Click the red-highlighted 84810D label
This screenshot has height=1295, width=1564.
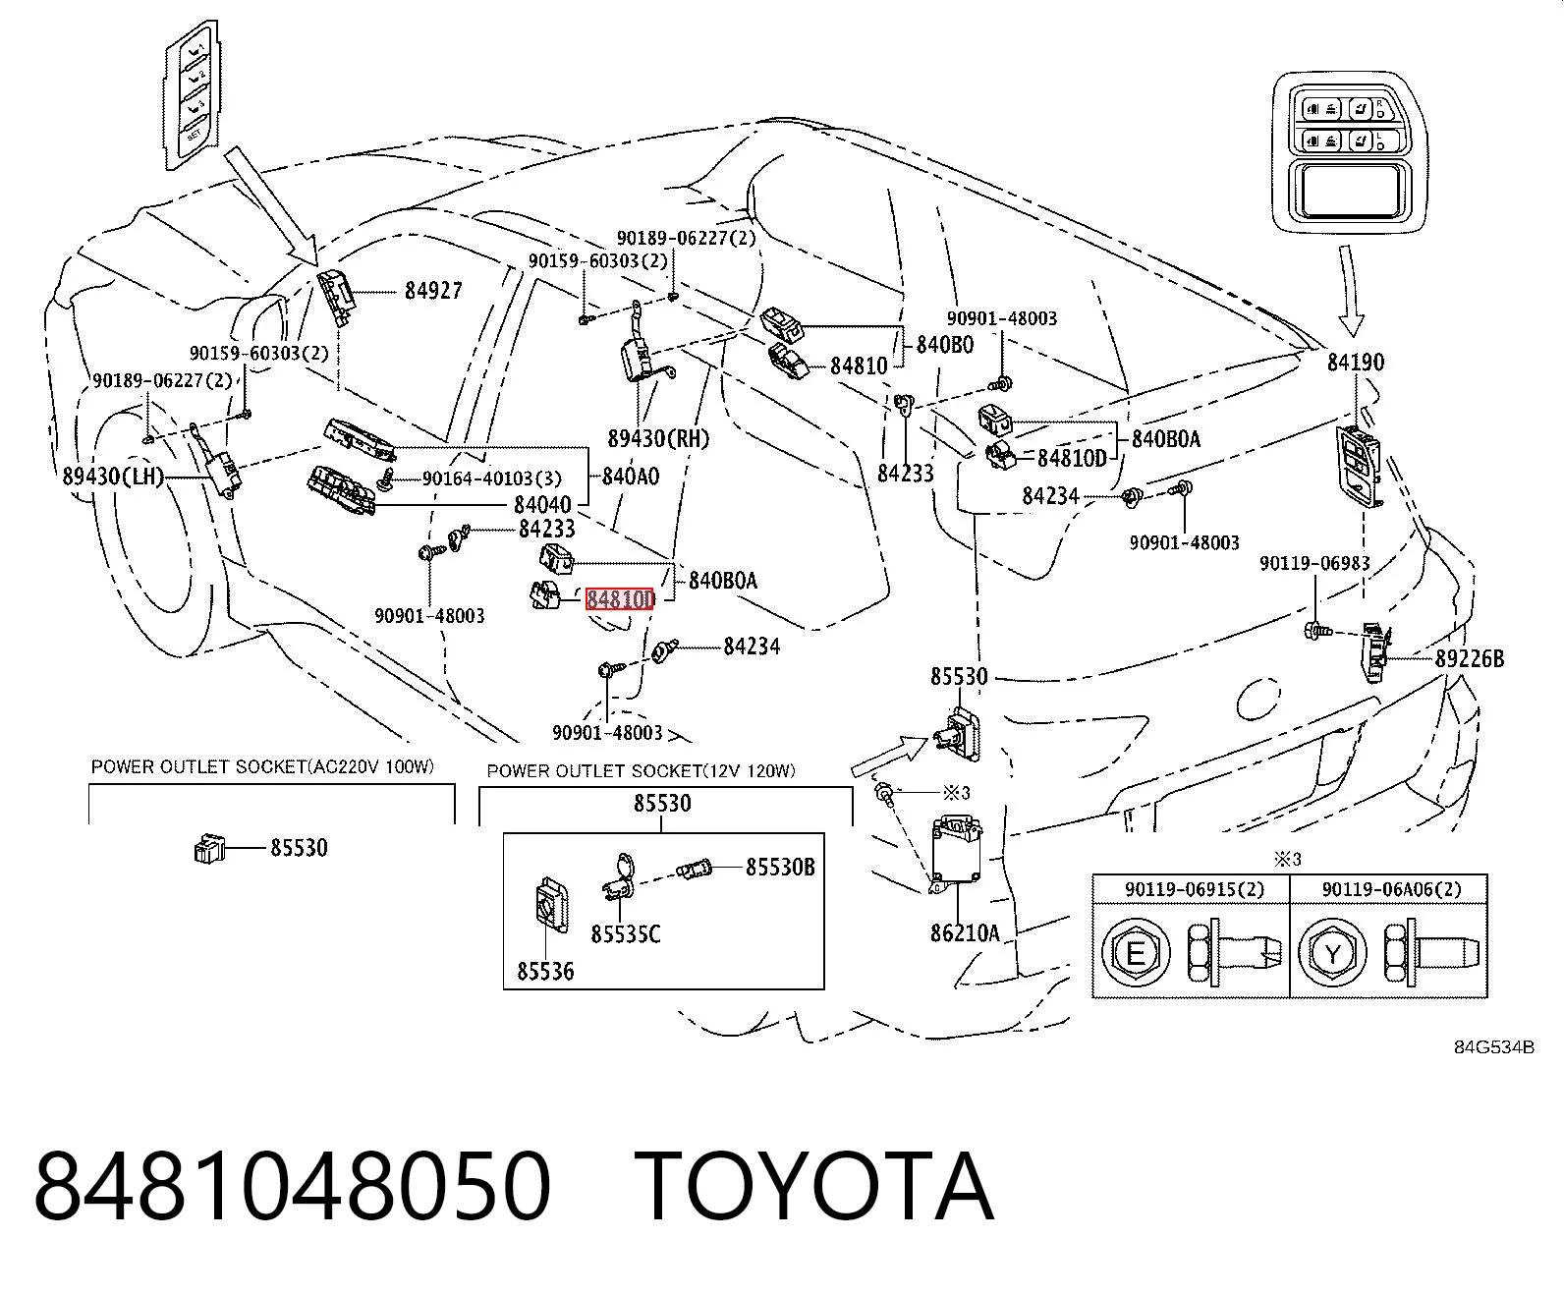pyautogui.click(x=620, y=598)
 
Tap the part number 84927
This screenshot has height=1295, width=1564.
pyautogui.click(x=433, y=290)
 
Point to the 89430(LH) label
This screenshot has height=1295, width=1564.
pyautogui.click(x=113, y=476)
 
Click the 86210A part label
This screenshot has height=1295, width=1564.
pyautogui.click(x=965, y=932)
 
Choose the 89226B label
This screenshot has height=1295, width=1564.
pyautogui.click(x=1470, y=658)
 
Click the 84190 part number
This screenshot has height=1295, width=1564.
pyautogui.click(x=1356, y=362)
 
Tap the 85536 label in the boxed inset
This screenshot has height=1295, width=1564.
pyautogui.click(x=545, y=971)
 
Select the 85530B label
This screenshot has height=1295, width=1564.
pyautogui.click(x=780, y=867)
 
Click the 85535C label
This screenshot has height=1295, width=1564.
pyautogui.click(x=626, y=933)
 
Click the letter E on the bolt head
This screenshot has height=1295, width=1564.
pyautogui.click(x=1136, y=954)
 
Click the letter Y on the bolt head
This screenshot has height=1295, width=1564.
pyautogui.click(x=1332, y=954)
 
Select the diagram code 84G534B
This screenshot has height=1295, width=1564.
pyautogui.click(x=1494, y=1047)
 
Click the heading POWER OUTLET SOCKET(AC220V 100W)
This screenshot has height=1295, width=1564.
pyautogui.click(x=263, y=766)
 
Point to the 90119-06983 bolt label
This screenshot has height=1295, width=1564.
pyautogui.click(x=1314, y=563)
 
